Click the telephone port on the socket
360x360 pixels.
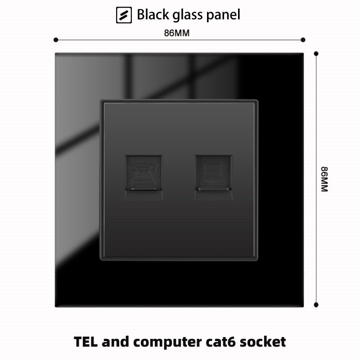tap(144, 173)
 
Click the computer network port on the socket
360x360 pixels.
tap(214, 173)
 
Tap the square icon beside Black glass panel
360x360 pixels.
tap(124, 15)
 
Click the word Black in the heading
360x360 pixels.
tap(153, 15)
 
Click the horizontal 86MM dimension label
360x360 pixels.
tap(179, 33)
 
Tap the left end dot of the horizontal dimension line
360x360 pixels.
tap(56, 40)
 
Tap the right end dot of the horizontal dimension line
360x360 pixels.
tap(303, 40)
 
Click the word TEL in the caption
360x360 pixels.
tap(87, 342)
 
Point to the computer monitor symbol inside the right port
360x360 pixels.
tap(214, 171)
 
